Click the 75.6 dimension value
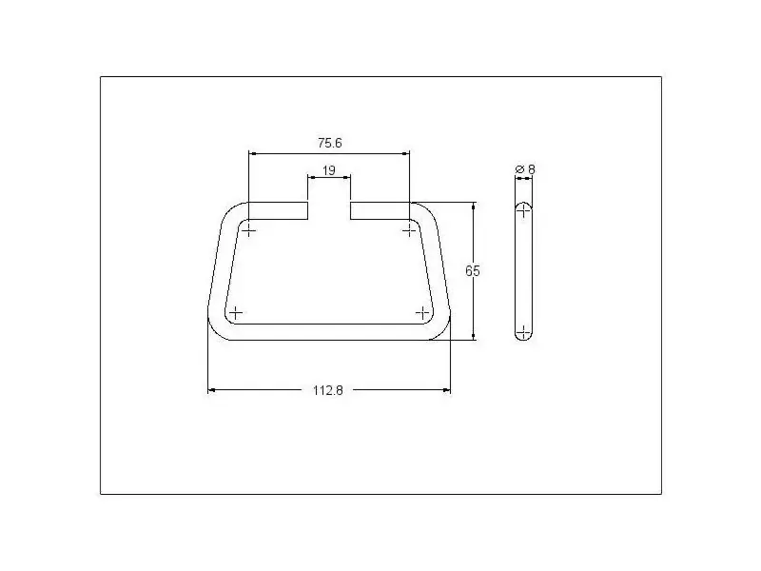(330, 144)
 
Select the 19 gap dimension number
(328, 171)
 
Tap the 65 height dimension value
(472, 271)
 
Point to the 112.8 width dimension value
(328, 390)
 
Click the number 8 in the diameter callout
(532, 169)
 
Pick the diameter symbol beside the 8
(519, 169)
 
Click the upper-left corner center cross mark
(248, 229)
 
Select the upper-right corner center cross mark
(410, 229)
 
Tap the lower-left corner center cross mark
(235, 313)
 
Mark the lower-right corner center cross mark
(422, 313)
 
